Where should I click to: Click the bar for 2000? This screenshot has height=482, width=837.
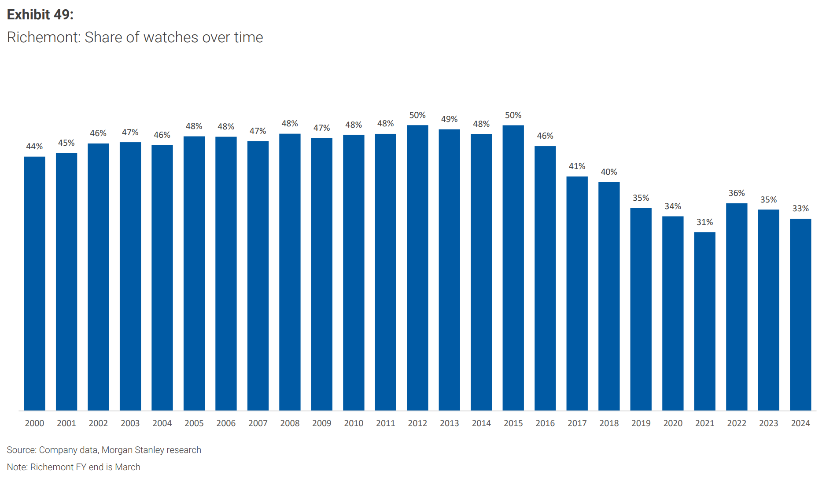[x=34, y=283]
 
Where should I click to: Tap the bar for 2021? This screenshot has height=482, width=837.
[x=704, y=321]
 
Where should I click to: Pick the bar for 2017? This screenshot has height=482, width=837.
[x=577, y=294]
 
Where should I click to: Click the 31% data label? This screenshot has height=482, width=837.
[x=704, y=222]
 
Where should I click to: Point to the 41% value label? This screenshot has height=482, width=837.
[x=577, y=166]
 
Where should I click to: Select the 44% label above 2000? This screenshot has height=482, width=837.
[x=34, y=147]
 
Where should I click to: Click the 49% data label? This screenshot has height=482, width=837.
[x=449, y=119]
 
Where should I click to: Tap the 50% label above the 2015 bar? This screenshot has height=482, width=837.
[x=513, y=115]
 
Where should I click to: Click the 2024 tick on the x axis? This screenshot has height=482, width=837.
[x=800, y=423]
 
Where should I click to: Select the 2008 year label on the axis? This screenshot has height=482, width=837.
[x=290, y=423]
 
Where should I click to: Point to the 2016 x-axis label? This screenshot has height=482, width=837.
[x=545, y=423]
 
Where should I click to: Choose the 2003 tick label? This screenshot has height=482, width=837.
[x=130, y=423]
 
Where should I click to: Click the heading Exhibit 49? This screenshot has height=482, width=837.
[x=40, y=15]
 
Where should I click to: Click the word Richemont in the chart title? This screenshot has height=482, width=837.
[x=43, y=37]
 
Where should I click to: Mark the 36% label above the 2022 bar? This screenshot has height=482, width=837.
[x=737, y=193]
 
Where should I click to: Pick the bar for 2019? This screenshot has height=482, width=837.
[x=641, y=309]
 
